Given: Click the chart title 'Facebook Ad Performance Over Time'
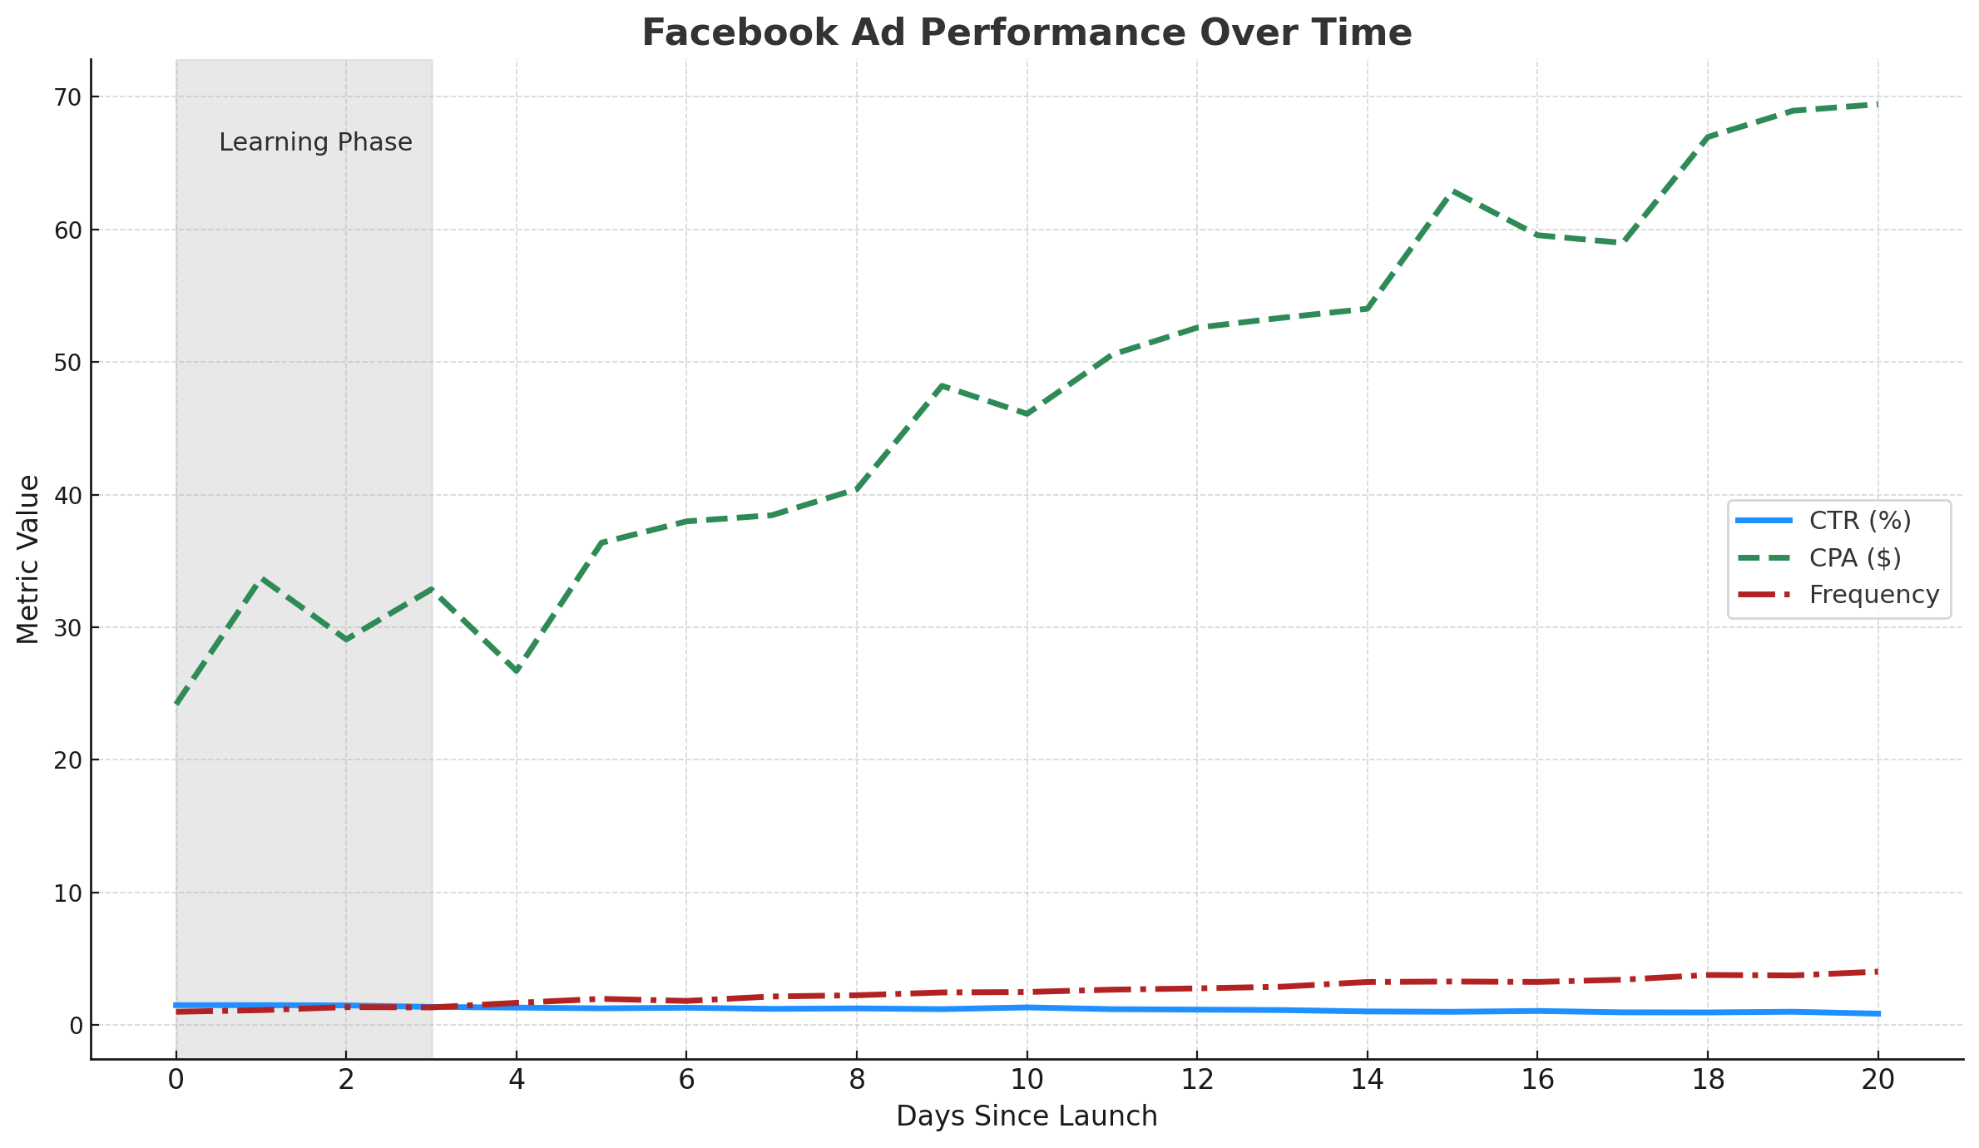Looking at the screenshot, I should [1027, 33].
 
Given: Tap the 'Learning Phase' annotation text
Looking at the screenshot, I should [315, 142].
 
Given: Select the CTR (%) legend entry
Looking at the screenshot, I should [1860, 521].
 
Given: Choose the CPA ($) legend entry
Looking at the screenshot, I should [1855, 557].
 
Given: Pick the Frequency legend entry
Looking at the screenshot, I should [1873, 595].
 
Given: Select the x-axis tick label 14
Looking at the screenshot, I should [1367, 1081].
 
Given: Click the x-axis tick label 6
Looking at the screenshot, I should [686, 1081].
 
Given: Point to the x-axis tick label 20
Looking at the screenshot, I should [1878, 1081].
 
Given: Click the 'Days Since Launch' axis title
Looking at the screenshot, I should [1027, 1116].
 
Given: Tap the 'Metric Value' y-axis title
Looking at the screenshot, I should [28, 559].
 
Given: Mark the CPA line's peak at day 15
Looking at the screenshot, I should [1452, 191].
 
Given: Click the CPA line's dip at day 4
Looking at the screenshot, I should [517, 671].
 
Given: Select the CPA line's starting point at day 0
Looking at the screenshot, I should [176, 704].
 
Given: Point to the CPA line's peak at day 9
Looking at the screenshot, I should [942, 385].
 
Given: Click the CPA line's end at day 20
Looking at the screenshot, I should [1878, 104].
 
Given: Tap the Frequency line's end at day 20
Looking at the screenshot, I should [1878, 972].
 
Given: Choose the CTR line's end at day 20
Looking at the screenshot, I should [1878, 1013].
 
